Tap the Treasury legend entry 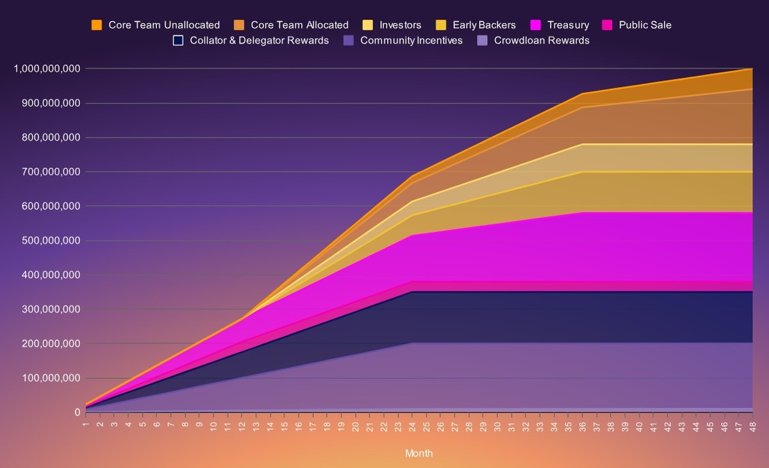point(559,25)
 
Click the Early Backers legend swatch point(440,25)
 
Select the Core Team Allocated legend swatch point(239,25)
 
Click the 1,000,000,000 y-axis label point(47,69)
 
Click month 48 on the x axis point(752,426)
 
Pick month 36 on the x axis point(583,426)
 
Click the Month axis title point(418,453)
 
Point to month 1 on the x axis point(85,424)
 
